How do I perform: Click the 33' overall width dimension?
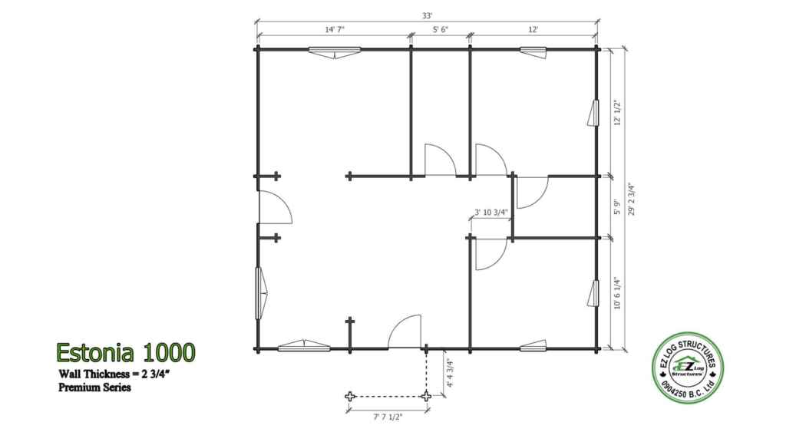(427, 16)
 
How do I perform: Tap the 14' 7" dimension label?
(335, 30)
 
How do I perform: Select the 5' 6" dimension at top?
(441, 30)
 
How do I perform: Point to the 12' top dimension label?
(533, 30)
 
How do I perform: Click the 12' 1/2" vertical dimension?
(617, 113)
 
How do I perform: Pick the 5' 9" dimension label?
(617, 207)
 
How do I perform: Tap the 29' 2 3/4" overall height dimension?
(631, 199)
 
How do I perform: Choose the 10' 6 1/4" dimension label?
(617, 294)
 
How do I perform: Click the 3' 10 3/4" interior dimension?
(491, 212)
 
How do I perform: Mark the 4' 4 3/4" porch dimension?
(450, 373)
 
